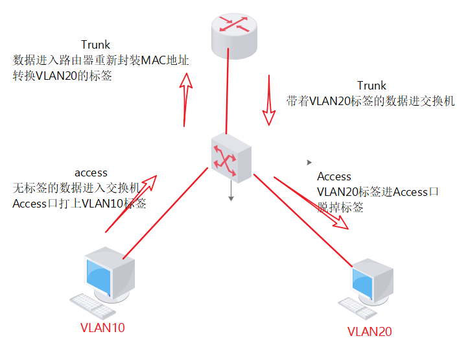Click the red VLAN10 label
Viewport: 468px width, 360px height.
pyautogui.click(x=102, y=328)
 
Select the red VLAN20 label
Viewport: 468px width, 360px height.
pyautogui.click(x=370, y=331)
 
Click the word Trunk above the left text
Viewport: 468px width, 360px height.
pyautogui.click(x=95, y=45)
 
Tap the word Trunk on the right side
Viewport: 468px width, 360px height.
pyautogui.click(x=371, y=86)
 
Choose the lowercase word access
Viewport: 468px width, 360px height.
pyautogui.click(x=91, y=173)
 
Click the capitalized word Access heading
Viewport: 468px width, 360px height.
pyautogui.click(x=334, y=176)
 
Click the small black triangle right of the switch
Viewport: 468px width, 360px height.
pyautogui.click(x=309, y=162)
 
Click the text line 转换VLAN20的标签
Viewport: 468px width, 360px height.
pyautogui.click(x=63, y=76)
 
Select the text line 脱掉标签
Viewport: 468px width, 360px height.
pyautogui.click(x=340, y=208)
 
